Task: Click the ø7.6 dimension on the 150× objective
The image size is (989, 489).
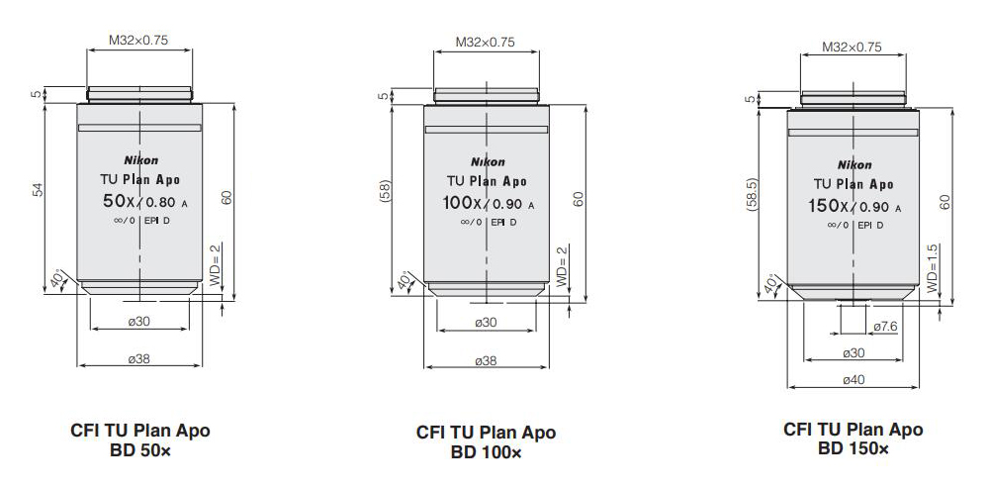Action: point(885,326)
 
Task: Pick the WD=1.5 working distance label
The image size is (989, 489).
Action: point(933,267)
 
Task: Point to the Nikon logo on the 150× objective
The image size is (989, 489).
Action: point(854,164)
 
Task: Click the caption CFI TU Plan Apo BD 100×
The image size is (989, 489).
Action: point(486,442)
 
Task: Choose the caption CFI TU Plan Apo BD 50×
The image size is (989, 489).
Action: point(139,440)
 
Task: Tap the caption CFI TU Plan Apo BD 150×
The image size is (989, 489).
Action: point(853,439)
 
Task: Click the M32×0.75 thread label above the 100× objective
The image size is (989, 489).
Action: point(486,43)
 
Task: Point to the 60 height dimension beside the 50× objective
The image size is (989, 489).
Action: point(226,196)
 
